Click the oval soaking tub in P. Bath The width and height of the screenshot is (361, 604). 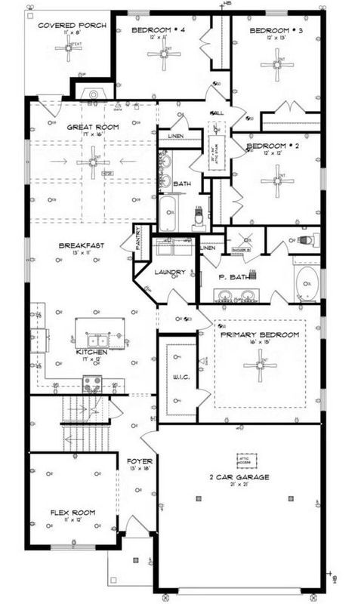coord(306,283)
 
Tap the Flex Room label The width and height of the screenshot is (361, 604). coord(74,513)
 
